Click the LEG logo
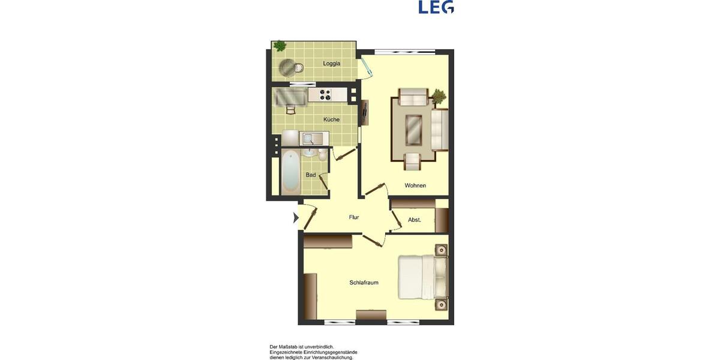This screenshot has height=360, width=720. click(436, 7)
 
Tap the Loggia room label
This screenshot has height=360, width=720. click(332, 64)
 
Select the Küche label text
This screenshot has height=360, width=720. click(331, 119)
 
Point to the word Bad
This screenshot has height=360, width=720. click(311, 175)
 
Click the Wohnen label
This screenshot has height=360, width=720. click(415, 185)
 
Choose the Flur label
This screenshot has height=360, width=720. click(354, 217)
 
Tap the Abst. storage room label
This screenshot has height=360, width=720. click(415, 220)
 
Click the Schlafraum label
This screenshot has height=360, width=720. click(364, 283)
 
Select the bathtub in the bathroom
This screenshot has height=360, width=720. click(290, 171)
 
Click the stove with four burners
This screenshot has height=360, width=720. click(325, 95)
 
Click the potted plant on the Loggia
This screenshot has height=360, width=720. click(280, 46)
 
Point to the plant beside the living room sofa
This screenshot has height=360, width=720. click(439, 96)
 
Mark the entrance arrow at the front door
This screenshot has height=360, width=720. click(296, 218)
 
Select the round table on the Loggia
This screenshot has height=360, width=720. click(287, 67)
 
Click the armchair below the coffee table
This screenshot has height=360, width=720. click(413, 161)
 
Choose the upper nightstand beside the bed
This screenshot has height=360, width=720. click(441, 250)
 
